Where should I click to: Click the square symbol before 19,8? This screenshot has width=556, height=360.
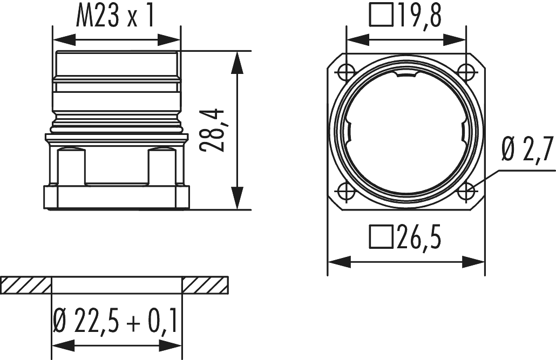click(x=381, y=16)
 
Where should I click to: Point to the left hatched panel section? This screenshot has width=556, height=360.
click(x=26, y=285)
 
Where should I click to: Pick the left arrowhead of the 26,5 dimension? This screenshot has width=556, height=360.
click(x=335, y=262)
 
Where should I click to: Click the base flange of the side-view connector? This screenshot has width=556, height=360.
click(x=116, y=196)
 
